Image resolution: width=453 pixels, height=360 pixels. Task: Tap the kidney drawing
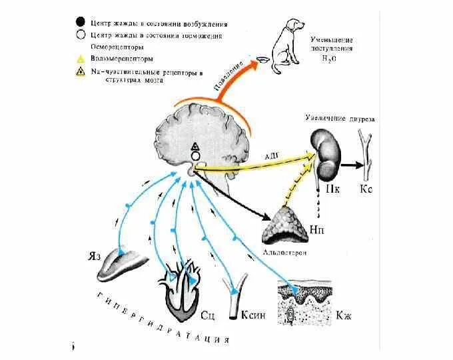point(326,155)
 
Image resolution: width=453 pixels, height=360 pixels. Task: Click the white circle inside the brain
point(195,156)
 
